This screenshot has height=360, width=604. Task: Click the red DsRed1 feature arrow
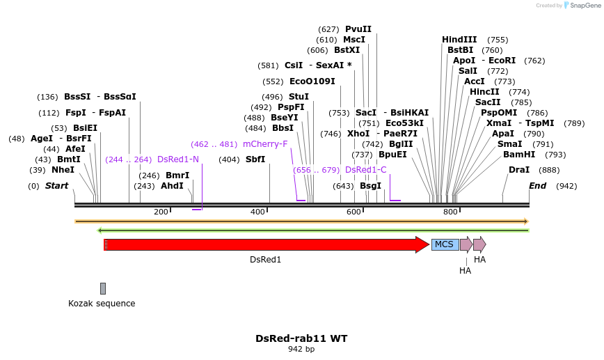pyautogui.click(x=264, y=244)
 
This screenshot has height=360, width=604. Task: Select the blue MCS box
pyautogui.click(x=445, y=244)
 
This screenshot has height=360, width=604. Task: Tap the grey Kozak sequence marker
pyautogui.click(x=103, y=288)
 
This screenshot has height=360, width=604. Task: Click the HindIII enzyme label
pyautogui.click(x=459, y=40)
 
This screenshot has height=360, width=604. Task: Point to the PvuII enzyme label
pyautogui.click(x=358, y=29)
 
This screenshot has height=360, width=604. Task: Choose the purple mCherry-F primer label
pyautogui.click(x=265, y=144)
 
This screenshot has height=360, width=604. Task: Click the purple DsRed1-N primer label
pyautogui.click(x=178, y=159)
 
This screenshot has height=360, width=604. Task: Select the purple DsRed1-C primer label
pyautogui.click(x=366, y=170)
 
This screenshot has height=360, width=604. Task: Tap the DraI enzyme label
pyautogui.click(x=519, y=170)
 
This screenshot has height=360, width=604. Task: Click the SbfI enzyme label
pyautogui.click(x=255, y=159)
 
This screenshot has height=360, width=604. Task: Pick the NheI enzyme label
pyautogui.click(x=63, y=170)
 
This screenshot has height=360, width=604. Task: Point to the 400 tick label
pyautogui.click(x=257, y=212)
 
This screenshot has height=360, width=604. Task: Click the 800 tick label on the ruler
pyautogui.click(x=450, y=212)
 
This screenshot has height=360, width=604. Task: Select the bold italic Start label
pyautogui.click(x=57, y=186)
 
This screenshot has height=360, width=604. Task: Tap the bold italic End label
pyautogui.click(x=537, y=186)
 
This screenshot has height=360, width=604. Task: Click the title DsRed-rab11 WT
pyautogui.click(x=301, y=338)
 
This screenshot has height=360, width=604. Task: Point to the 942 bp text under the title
pyautogui.click(x=301, y=350)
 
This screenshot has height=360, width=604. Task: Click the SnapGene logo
pyautogui.click(x=581, y=6)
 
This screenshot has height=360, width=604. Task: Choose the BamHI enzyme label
pyautogui.click(x=519, y=155)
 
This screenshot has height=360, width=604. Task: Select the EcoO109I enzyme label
pyautogui.click(x=312, y=81)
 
